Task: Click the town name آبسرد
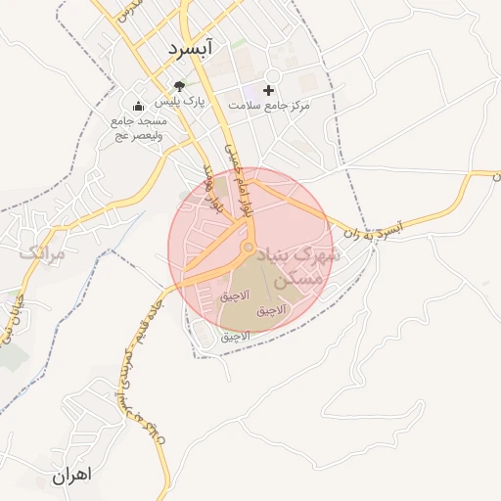point(196,47)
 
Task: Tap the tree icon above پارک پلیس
point(178,87)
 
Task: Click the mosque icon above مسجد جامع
point(138,107)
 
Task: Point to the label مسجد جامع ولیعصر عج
point(140,127)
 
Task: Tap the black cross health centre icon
point(269,90)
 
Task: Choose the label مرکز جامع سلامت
point(269,104)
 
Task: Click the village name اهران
point(71,476)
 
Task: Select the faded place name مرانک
point(41,253)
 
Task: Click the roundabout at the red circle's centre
point(250,247)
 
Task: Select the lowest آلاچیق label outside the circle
point(235,336)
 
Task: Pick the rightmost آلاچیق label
point(271,311)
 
